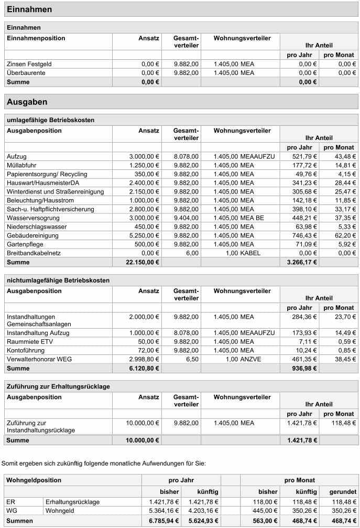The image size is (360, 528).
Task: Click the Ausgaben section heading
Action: tap(27, 102)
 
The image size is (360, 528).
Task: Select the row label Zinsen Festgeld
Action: tap(29, 64)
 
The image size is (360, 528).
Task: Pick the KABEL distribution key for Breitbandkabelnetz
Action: tap(250, 253)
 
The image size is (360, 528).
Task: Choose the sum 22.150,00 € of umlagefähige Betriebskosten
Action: tap(143, 262)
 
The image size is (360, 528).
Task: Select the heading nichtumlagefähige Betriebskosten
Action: tap(58, 282)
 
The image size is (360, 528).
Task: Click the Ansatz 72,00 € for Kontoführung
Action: tap(147, 350)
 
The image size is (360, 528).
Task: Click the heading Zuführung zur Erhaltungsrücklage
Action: tap(58, 386)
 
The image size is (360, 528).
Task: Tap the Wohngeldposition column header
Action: tap(34, 480)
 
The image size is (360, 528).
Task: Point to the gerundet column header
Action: tap(343, 492)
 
